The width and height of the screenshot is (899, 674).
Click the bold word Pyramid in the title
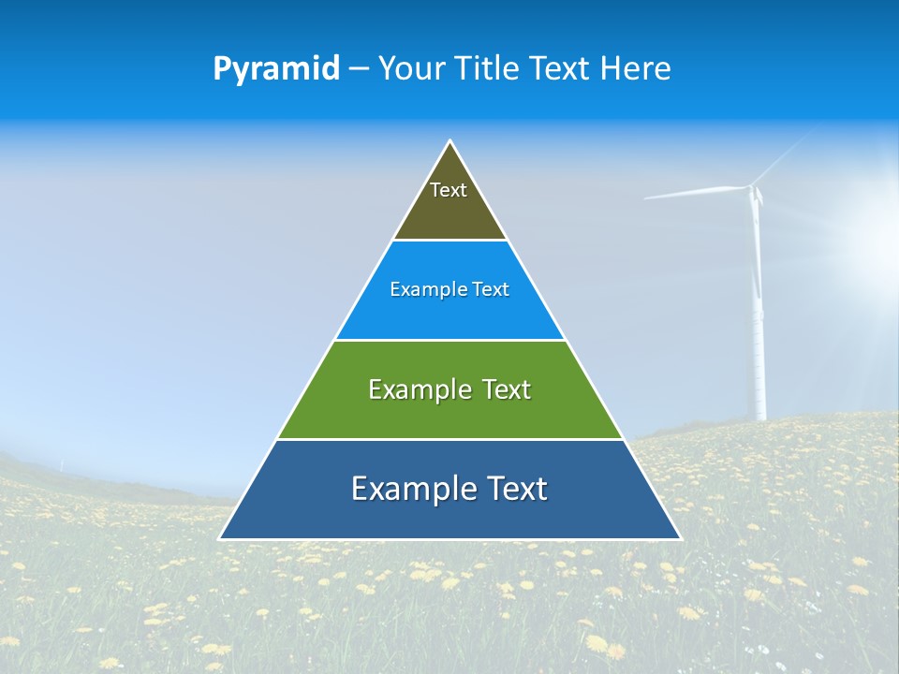[275, 69]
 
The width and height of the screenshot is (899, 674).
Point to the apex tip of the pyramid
[450, 142]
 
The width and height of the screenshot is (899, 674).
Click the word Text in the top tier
[449, 190]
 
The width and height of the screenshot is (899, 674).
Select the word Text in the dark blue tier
[514, 489]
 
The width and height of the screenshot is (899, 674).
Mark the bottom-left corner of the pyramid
[221, 538]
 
